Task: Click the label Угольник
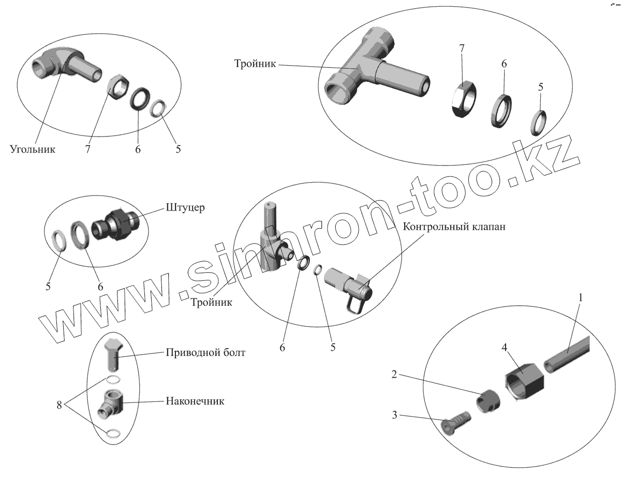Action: tap(32, 150)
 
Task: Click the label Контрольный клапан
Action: tap(453, 227)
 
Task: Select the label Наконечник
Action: tap(195, 400)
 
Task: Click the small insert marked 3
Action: tap(456, 421)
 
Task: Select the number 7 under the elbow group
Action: tap(88, 150)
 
